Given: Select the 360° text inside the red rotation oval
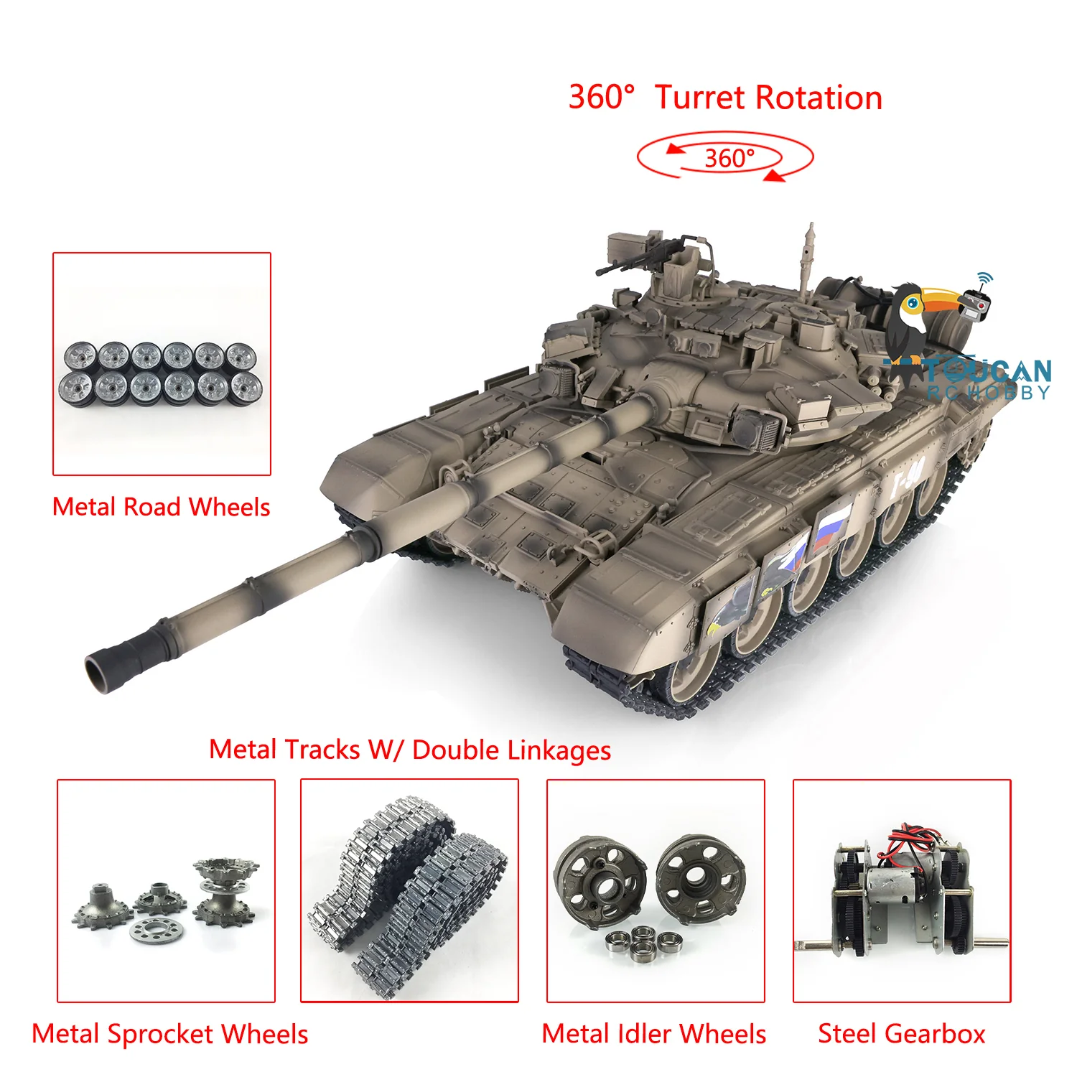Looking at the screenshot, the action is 729,158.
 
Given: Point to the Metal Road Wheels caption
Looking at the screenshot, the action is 162,507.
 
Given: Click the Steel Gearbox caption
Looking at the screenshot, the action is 902,1034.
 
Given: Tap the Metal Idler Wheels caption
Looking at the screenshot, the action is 654,1034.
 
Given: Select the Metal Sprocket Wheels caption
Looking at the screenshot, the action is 170,1035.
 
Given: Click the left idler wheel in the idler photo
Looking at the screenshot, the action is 600,880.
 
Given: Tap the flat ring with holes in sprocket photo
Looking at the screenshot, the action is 157,931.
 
